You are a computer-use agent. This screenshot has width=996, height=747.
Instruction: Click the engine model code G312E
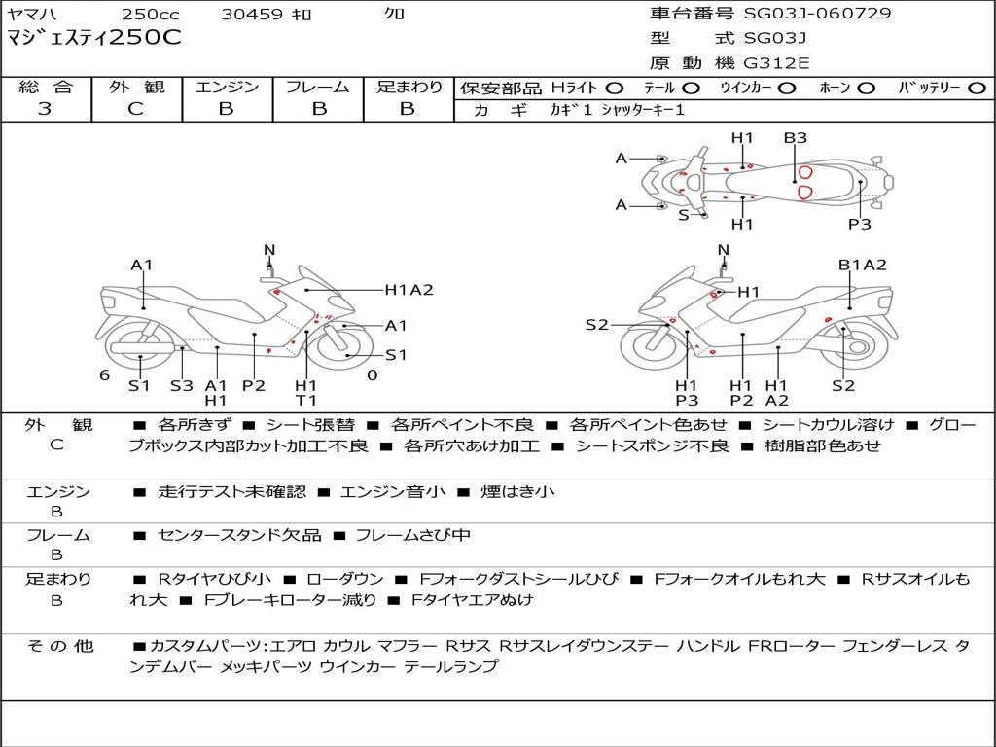777,63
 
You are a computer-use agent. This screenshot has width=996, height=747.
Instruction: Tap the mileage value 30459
252,15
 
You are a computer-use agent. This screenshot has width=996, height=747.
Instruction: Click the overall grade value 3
45,109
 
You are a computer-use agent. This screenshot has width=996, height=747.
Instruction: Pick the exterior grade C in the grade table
135,109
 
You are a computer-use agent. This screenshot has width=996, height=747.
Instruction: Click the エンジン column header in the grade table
227,88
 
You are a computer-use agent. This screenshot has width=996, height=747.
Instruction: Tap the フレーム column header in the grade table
317,88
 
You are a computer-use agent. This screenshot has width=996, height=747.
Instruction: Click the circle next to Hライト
615,89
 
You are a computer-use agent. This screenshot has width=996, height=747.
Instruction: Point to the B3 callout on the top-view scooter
796,138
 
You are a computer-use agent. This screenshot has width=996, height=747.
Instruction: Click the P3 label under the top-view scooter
859,224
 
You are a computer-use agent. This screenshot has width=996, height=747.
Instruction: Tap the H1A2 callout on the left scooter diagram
409,289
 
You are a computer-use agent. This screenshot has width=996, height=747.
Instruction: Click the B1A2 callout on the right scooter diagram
863,265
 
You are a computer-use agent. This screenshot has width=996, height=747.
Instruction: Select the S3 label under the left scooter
182,385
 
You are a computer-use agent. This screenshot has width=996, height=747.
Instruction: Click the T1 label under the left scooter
306,400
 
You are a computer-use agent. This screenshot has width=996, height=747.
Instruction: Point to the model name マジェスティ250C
93,39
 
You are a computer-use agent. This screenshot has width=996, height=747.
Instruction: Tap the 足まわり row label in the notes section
58,579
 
